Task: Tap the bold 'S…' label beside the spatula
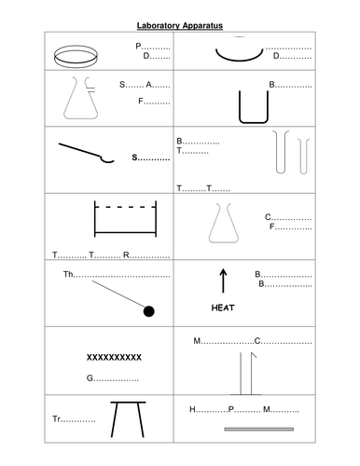(x=149, y=159)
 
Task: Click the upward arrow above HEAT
(x=222, y=280)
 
